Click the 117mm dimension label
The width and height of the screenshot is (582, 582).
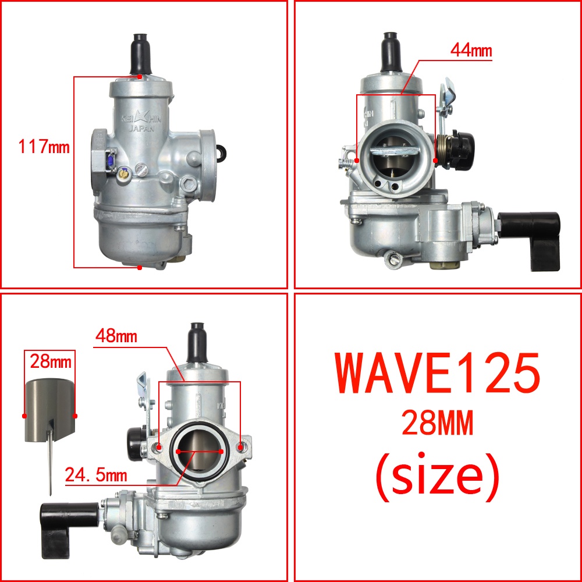(x=44, y=146)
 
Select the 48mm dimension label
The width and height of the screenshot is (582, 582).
(x=116, y=336)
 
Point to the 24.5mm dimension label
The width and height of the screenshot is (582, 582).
(x=96, y=475)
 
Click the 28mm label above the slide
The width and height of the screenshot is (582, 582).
(x=51, y=361)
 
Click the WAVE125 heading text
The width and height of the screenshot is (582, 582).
(x=437, y=372)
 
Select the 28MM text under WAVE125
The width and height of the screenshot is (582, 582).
(x=438, y=423)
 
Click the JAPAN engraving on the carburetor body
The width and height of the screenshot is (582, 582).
(x=141, y=129)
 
